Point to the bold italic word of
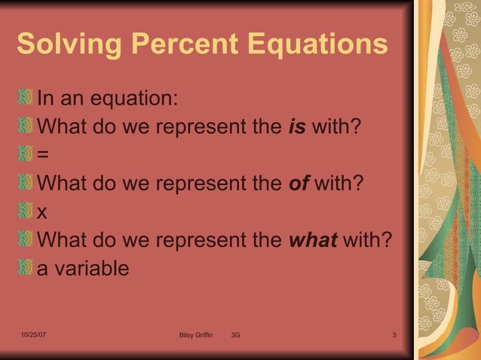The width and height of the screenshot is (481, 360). pos(299,183)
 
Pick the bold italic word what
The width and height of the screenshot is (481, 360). pos(314,240)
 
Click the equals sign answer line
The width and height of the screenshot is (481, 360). pos(43,155)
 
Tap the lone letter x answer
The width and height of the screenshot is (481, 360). pos(42,212)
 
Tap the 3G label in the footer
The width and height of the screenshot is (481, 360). pos(236,334)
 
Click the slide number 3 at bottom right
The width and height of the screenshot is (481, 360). pos(394,334)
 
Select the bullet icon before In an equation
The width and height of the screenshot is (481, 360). pos(26,98)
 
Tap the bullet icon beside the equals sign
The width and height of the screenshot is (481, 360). pos(26,154)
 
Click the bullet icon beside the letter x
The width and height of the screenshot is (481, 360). pos(26,212)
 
